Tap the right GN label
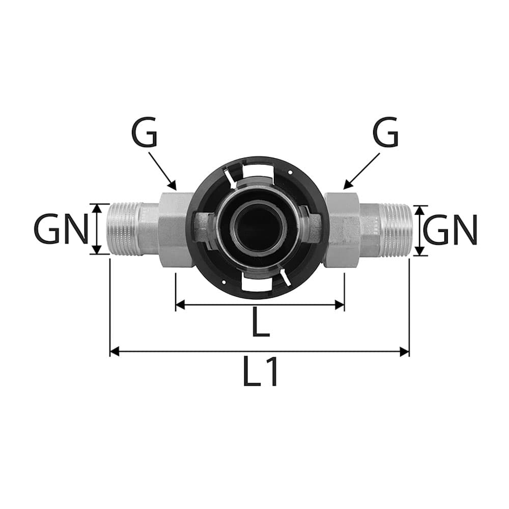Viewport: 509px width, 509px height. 450,230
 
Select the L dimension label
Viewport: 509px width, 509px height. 261,322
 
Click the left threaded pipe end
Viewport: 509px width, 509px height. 124,229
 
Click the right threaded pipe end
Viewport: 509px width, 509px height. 396,230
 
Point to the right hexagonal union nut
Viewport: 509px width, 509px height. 342,230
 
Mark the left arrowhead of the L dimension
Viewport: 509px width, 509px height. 180,305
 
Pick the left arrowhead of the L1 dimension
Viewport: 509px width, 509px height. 115,351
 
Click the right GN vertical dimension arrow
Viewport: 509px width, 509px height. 419,230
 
